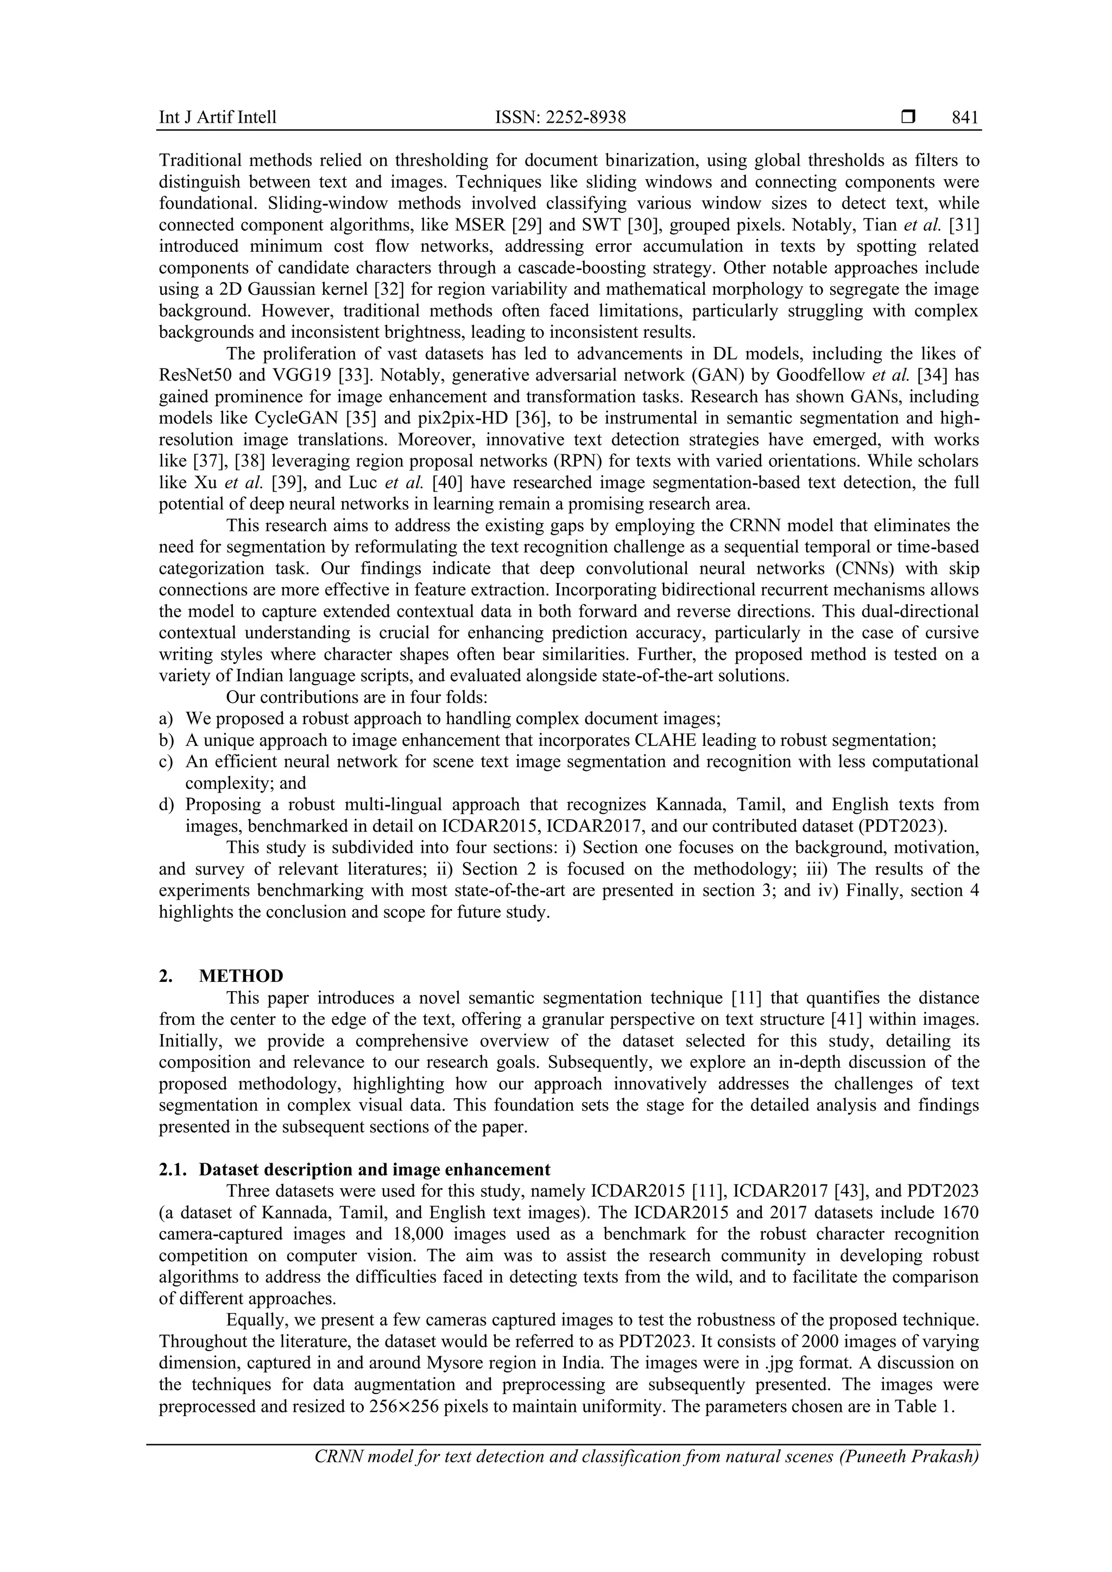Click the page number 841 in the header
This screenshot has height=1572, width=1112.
(965, 118)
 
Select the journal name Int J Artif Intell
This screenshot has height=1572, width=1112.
(218, 118)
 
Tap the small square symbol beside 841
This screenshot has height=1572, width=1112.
(908, 117)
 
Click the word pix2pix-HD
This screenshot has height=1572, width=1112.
(461, 419)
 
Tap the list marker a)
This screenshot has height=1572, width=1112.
(166, 719)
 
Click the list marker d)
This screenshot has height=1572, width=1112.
(166, 804)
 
